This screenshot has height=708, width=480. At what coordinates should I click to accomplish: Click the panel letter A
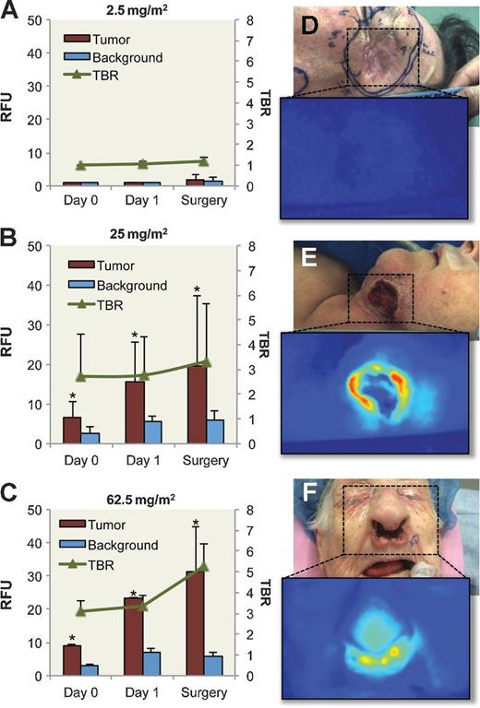pyautogui.click(x=11, y=12)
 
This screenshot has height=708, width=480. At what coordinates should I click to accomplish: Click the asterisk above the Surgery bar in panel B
pyautogui.click(x=197, y=291)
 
